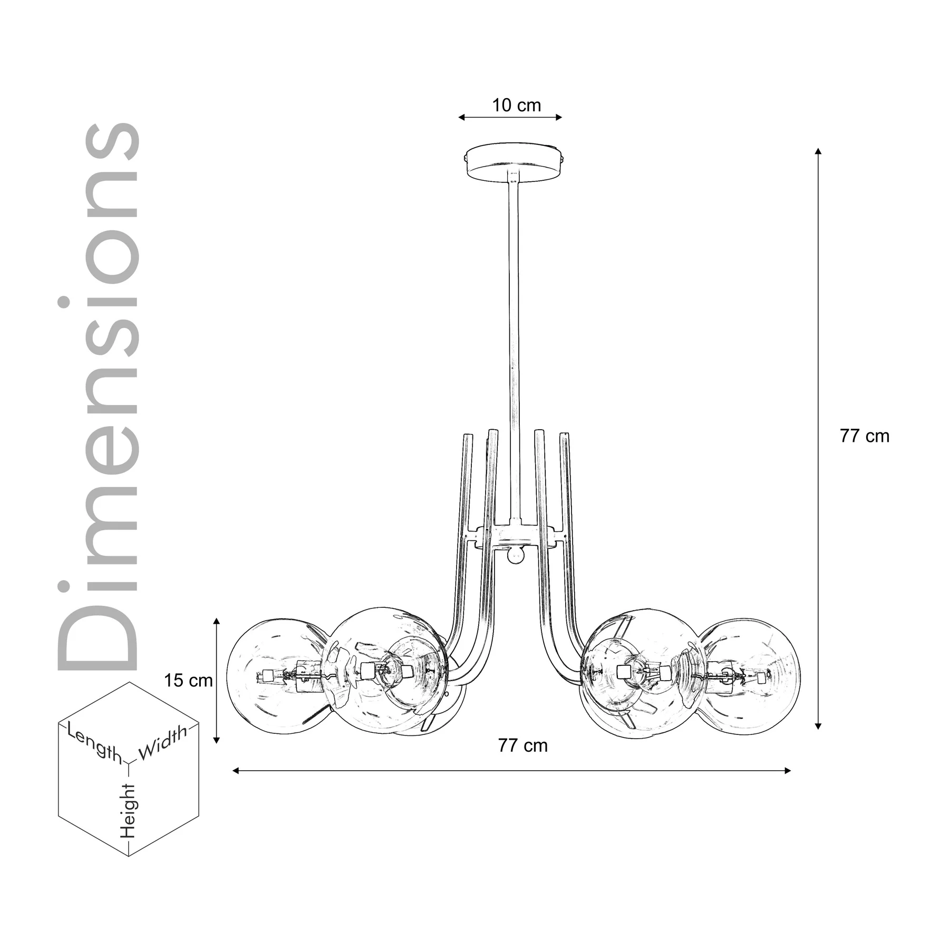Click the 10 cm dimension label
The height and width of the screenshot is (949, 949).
click(x=517, y=105)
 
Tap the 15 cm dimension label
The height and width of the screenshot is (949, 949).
click(x=188, y=680)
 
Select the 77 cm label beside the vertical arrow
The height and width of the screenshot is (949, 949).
click(x=865, y=436)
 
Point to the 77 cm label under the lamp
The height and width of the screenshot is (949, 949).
click(x=523, y=745)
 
